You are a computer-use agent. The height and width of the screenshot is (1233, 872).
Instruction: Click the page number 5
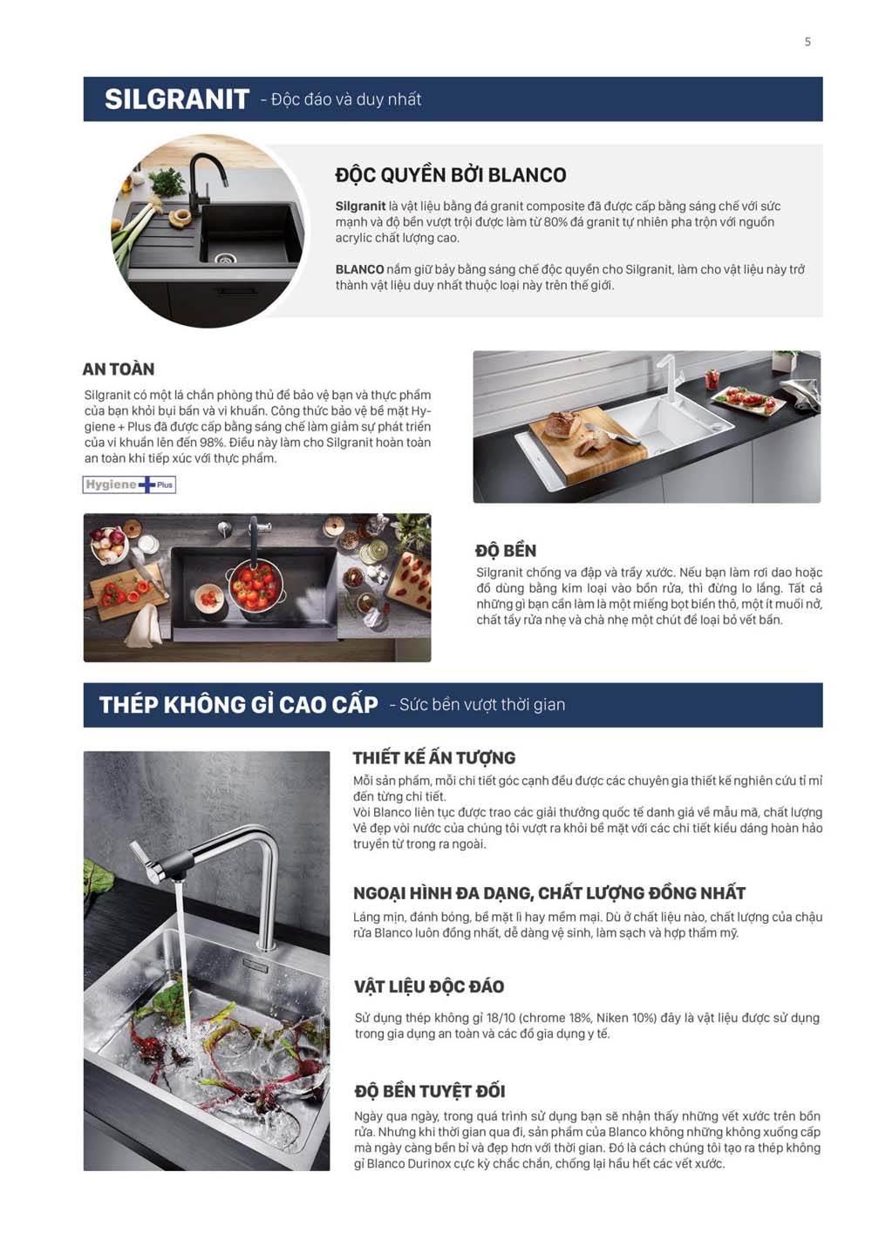tap(807, 42)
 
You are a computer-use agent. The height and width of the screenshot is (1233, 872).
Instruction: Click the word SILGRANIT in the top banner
tap(177, 99)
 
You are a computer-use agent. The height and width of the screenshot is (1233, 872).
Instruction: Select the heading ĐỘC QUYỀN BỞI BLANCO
tap(451, 175)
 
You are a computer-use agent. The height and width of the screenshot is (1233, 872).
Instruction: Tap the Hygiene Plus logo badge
tap(129, 484)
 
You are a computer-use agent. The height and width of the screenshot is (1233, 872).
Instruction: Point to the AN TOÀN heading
tap(119, 369)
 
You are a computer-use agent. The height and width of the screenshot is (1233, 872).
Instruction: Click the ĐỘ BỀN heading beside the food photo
tap(506, 551)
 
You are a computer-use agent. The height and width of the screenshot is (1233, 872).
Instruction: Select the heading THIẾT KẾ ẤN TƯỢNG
tap(434, 757)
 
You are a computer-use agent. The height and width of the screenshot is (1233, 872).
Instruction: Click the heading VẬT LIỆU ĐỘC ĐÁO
tap(429, 986)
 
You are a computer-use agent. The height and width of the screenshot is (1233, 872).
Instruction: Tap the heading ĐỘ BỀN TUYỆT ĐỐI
tap(430, 1091)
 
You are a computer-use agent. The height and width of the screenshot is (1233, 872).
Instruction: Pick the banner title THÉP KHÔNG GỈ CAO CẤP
tap(239, 705)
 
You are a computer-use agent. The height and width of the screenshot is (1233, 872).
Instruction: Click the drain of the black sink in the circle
tap(225, 258)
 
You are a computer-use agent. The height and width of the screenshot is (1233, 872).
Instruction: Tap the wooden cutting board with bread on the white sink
tap(588, 449)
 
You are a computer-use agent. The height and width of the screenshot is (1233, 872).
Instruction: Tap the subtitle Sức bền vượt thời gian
tap(482, 705)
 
